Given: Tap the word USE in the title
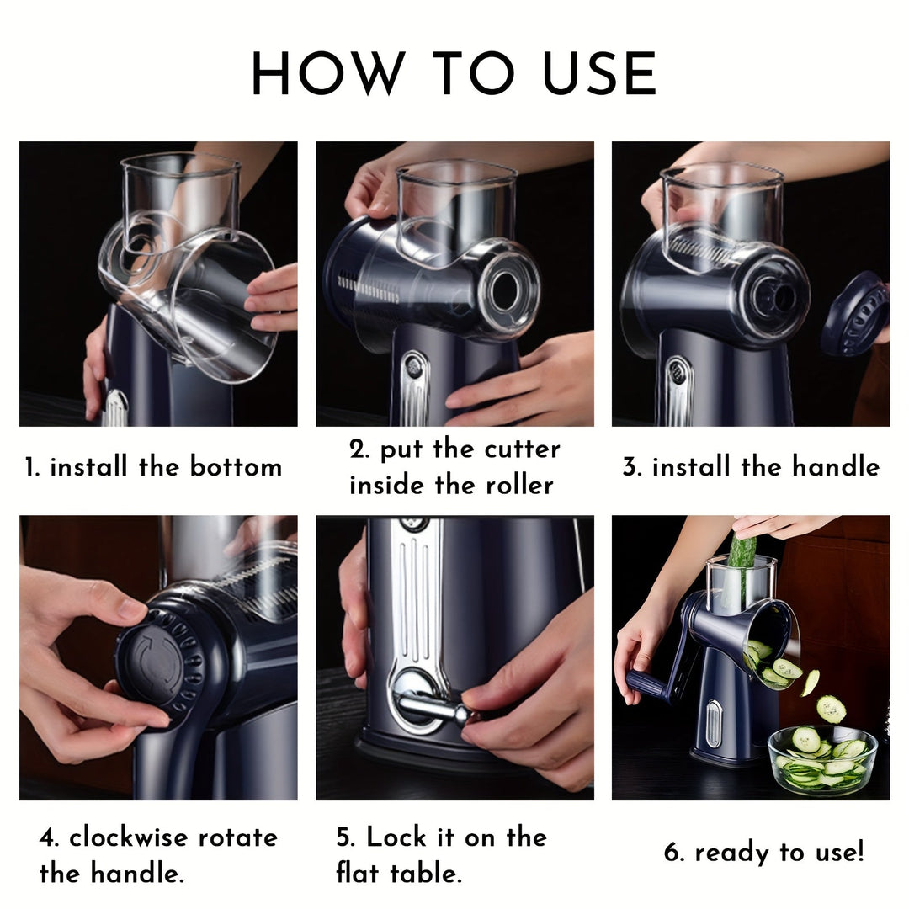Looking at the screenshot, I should [599, 74].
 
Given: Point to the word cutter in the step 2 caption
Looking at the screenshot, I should [522, 449].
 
